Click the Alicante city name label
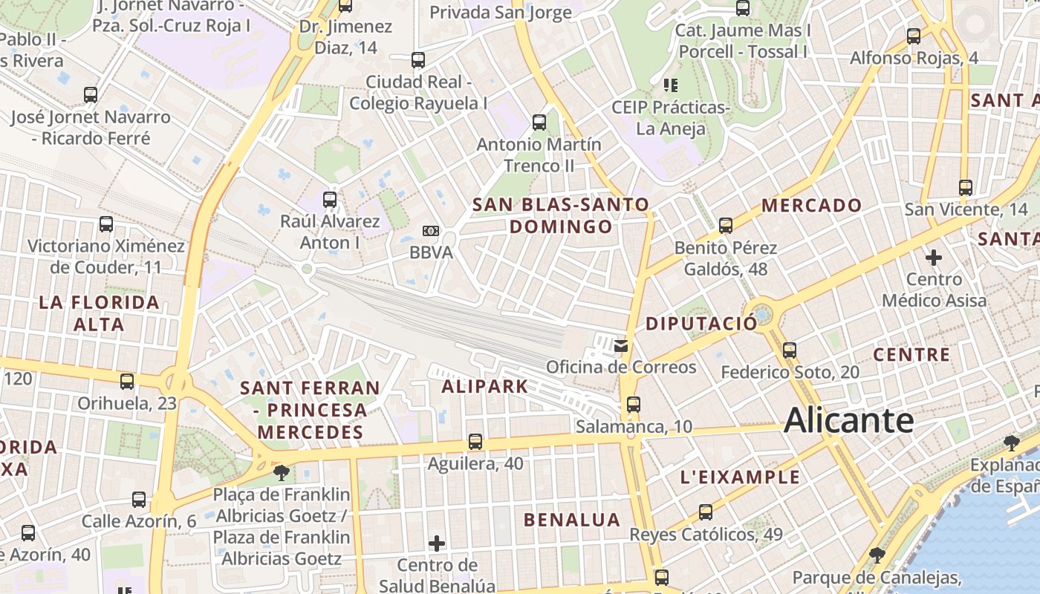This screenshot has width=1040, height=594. click(x=848, y=420)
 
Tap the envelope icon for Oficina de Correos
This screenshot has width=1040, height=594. click(x=621, y=345)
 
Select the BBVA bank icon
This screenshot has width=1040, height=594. click(x=431, y=231)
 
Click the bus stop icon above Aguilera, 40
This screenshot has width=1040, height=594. click(x=475, y=442)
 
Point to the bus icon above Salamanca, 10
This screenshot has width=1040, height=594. click(x=633, y=405)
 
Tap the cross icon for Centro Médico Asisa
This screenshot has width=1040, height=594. click(x=934, y=258)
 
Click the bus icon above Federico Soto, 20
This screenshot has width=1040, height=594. click(x=790, y=350)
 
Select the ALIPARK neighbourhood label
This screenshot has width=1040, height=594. click(x=484, y=386)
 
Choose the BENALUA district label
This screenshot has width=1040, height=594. click(x=572, y=520)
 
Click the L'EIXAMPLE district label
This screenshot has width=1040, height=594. click(x=741, y=477)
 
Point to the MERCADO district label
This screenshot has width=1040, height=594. click(x=811, y=206)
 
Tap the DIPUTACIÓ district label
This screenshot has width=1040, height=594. click(x=701, y=323)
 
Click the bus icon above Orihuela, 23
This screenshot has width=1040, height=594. click(x=127, y=382)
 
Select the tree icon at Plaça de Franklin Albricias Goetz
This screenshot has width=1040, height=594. click(x=281, y=472)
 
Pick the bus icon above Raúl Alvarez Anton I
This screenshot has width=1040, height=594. click(x=330, y=199)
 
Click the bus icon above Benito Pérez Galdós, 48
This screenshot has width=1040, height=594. click(x=726, y=225)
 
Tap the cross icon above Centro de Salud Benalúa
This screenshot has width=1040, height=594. click(x=437, y=544)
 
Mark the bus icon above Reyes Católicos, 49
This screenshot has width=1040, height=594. click(x=706, y=512)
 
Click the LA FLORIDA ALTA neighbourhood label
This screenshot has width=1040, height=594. click(x=100, y=313)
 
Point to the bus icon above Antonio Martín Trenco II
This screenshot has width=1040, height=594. click(x=539, y=122)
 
